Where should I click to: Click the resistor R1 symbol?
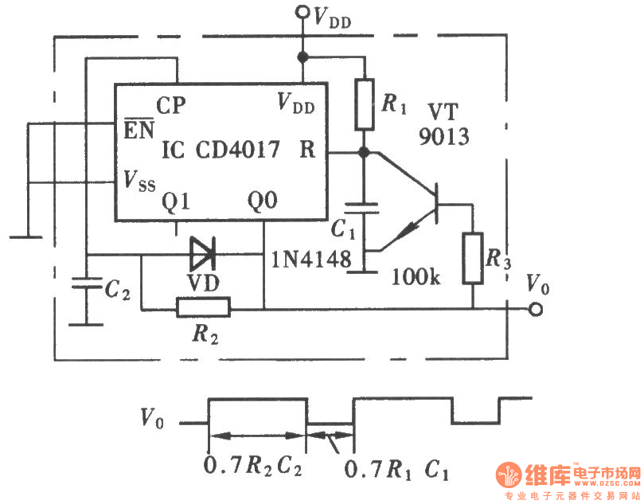(x=364, y=104)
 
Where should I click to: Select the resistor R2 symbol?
(x=203, y=307)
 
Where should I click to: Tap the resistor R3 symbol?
(x=473, y=258)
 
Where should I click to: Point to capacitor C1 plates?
(x=364, y=209)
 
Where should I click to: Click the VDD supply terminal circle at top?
(x=302, y=11)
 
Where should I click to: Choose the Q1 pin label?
(x=177, y=202)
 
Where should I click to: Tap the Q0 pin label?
(x=263, y=202)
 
